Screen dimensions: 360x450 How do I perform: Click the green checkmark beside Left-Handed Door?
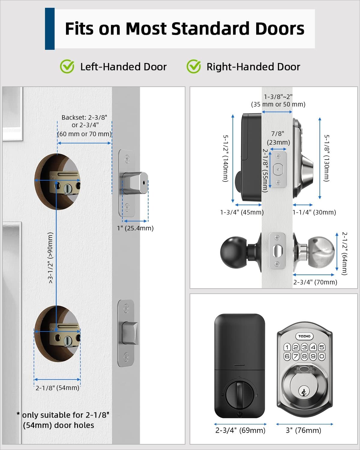(67, 67)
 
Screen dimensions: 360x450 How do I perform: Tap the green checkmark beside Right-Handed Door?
(194, 67)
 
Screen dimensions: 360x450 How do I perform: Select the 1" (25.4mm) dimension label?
(135, 228)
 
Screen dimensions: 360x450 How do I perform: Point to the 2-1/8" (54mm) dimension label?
(57, 388)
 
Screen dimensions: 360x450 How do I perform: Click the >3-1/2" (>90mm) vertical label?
(51, 258)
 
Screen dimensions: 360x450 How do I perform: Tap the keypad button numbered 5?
(322, 347)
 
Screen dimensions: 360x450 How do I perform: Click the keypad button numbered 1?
(287, 347)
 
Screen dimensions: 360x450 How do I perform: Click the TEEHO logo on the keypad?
(304, 336)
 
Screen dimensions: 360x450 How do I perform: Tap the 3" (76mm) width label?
(303, 430)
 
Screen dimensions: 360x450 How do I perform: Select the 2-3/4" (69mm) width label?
(240, 430)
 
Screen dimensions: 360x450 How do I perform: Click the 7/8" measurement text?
(277, 133)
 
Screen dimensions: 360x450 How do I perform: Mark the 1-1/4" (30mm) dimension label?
(314, 212)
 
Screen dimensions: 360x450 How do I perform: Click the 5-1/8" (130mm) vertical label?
(327, 158)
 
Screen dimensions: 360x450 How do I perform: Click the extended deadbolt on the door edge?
(135, 183)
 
